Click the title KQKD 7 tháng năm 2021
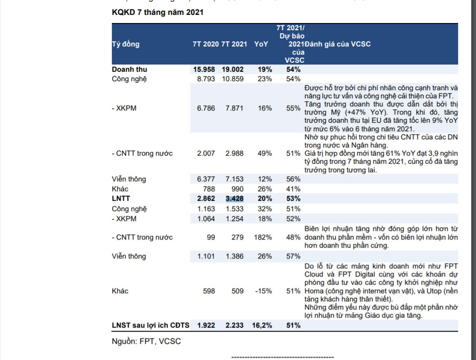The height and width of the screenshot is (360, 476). click(x=157, y=12)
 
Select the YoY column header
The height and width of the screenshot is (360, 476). click(x=261, y=44)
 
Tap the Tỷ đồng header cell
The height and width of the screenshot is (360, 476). click(x=126, y=44)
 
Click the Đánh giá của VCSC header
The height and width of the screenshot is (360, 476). click(x=338, y=44)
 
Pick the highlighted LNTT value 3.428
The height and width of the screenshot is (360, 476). click(x=234, y=199)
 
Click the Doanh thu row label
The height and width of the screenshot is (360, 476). click(x=129, y=69)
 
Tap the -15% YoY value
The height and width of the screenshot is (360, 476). click(x=263, y=291)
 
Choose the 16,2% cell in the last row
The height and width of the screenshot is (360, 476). click(x=262, y=325)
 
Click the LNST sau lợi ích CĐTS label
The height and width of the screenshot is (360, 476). click(x=151, y=325)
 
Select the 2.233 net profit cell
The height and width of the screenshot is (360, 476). click(x=234, y=325)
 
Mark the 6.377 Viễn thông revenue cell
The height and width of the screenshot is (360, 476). click(x=206, y=179)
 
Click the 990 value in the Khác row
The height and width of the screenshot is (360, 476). click(x=237, y=189)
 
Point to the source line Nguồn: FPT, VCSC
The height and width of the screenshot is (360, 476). click(x=146, y=342)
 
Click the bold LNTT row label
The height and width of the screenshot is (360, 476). click(x=121, y=199)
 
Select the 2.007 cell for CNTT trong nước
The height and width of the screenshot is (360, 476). click(x=206, y=153)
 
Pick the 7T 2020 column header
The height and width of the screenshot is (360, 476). click(x=206, y=44)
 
